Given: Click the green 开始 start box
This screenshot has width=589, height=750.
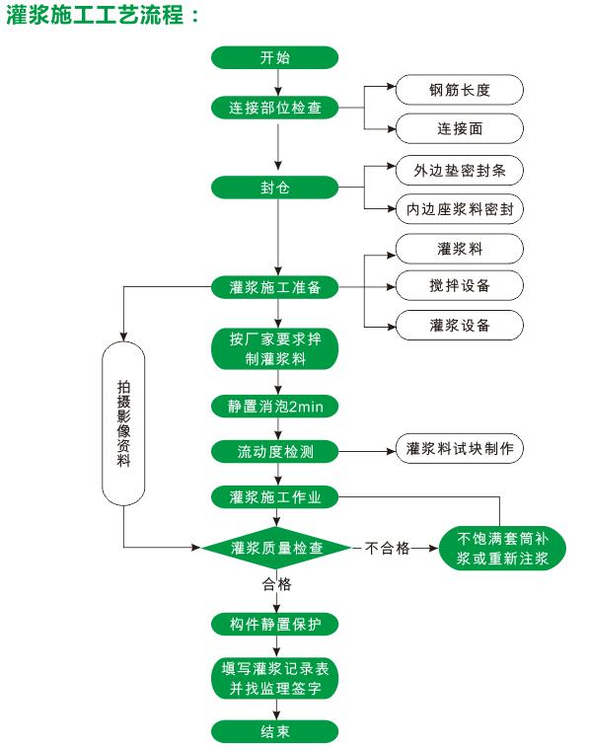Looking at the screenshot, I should (275, 57).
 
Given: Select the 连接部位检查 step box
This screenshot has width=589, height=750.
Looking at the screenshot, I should (275, 107).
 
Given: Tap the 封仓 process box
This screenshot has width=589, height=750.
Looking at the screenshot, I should (275, 187).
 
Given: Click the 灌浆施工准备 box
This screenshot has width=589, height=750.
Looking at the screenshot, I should (275, 287).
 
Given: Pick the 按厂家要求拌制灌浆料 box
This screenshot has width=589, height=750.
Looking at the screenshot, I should (275, 348).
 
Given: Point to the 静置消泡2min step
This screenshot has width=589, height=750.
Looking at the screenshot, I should (275, 406).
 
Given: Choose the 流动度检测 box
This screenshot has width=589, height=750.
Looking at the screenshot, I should (275, 452).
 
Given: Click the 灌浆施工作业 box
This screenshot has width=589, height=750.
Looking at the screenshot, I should (275, 496).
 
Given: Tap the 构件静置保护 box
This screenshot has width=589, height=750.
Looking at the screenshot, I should (275, 624).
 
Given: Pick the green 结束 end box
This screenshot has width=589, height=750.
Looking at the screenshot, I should (275, 731).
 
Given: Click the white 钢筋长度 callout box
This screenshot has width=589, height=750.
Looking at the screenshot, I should (459, 90).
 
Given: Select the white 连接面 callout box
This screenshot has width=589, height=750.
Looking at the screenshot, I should (459, 128).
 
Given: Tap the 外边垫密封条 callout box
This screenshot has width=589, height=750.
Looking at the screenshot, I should (459, 169).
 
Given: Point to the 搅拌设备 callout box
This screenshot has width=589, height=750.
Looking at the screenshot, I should (459, 285).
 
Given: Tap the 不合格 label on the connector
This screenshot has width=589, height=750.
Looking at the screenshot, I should (387, 548).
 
